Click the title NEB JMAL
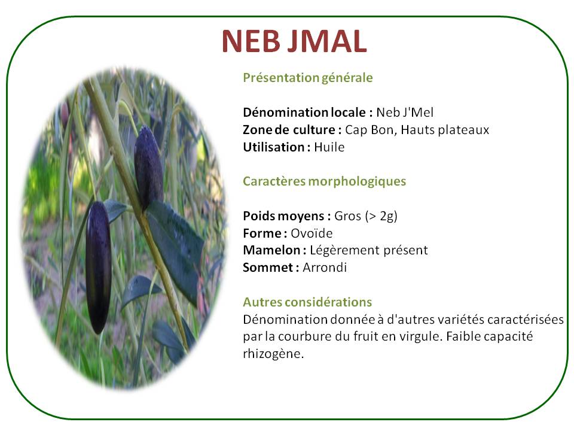click(294, 41)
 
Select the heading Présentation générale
click(308, 78)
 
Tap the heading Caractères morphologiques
click(324, 181)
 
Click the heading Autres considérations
click(307, 302)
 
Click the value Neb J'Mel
click(405, 112)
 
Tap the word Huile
click(329, 147)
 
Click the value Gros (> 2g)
click(366, 216)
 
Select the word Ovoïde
click(312, 233)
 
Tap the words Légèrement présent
click(369, 251)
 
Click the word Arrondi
click(324, 268)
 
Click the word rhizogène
click(273, 354)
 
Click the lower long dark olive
click(98, 267)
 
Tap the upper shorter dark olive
click(148, 168)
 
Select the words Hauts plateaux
click(445, 130)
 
